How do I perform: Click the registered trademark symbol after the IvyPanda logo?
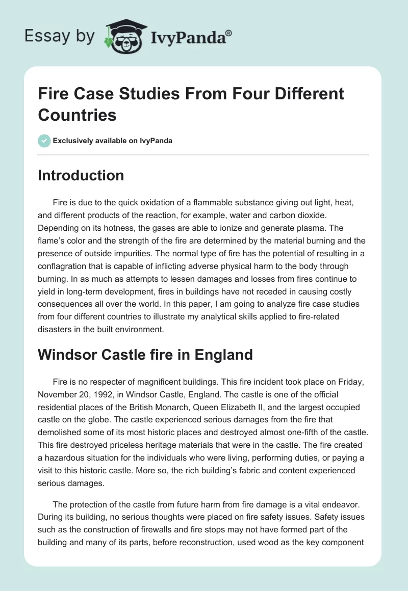229,33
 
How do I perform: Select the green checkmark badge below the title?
44,141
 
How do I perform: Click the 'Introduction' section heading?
81,175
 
